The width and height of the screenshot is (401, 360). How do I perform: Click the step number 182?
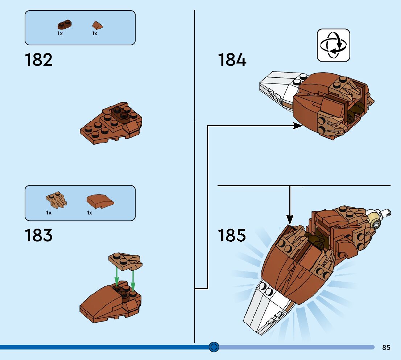38,60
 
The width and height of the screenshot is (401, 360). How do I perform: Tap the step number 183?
38,235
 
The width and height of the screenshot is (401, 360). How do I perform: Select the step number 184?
232,60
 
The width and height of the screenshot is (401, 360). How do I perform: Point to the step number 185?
232,235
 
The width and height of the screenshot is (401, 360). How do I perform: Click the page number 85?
386,347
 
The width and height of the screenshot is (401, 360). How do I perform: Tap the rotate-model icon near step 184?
334,45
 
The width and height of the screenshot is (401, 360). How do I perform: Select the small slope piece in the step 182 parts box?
97,25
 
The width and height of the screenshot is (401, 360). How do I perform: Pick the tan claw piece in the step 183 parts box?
56,200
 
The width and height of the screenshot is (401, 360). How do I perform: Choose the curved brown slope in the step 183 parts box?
99,201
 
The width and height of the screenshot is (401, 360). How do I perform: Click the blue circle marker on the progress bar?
214,347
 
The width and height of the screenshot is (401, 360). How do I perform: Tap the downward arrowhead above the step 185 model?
290,219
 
